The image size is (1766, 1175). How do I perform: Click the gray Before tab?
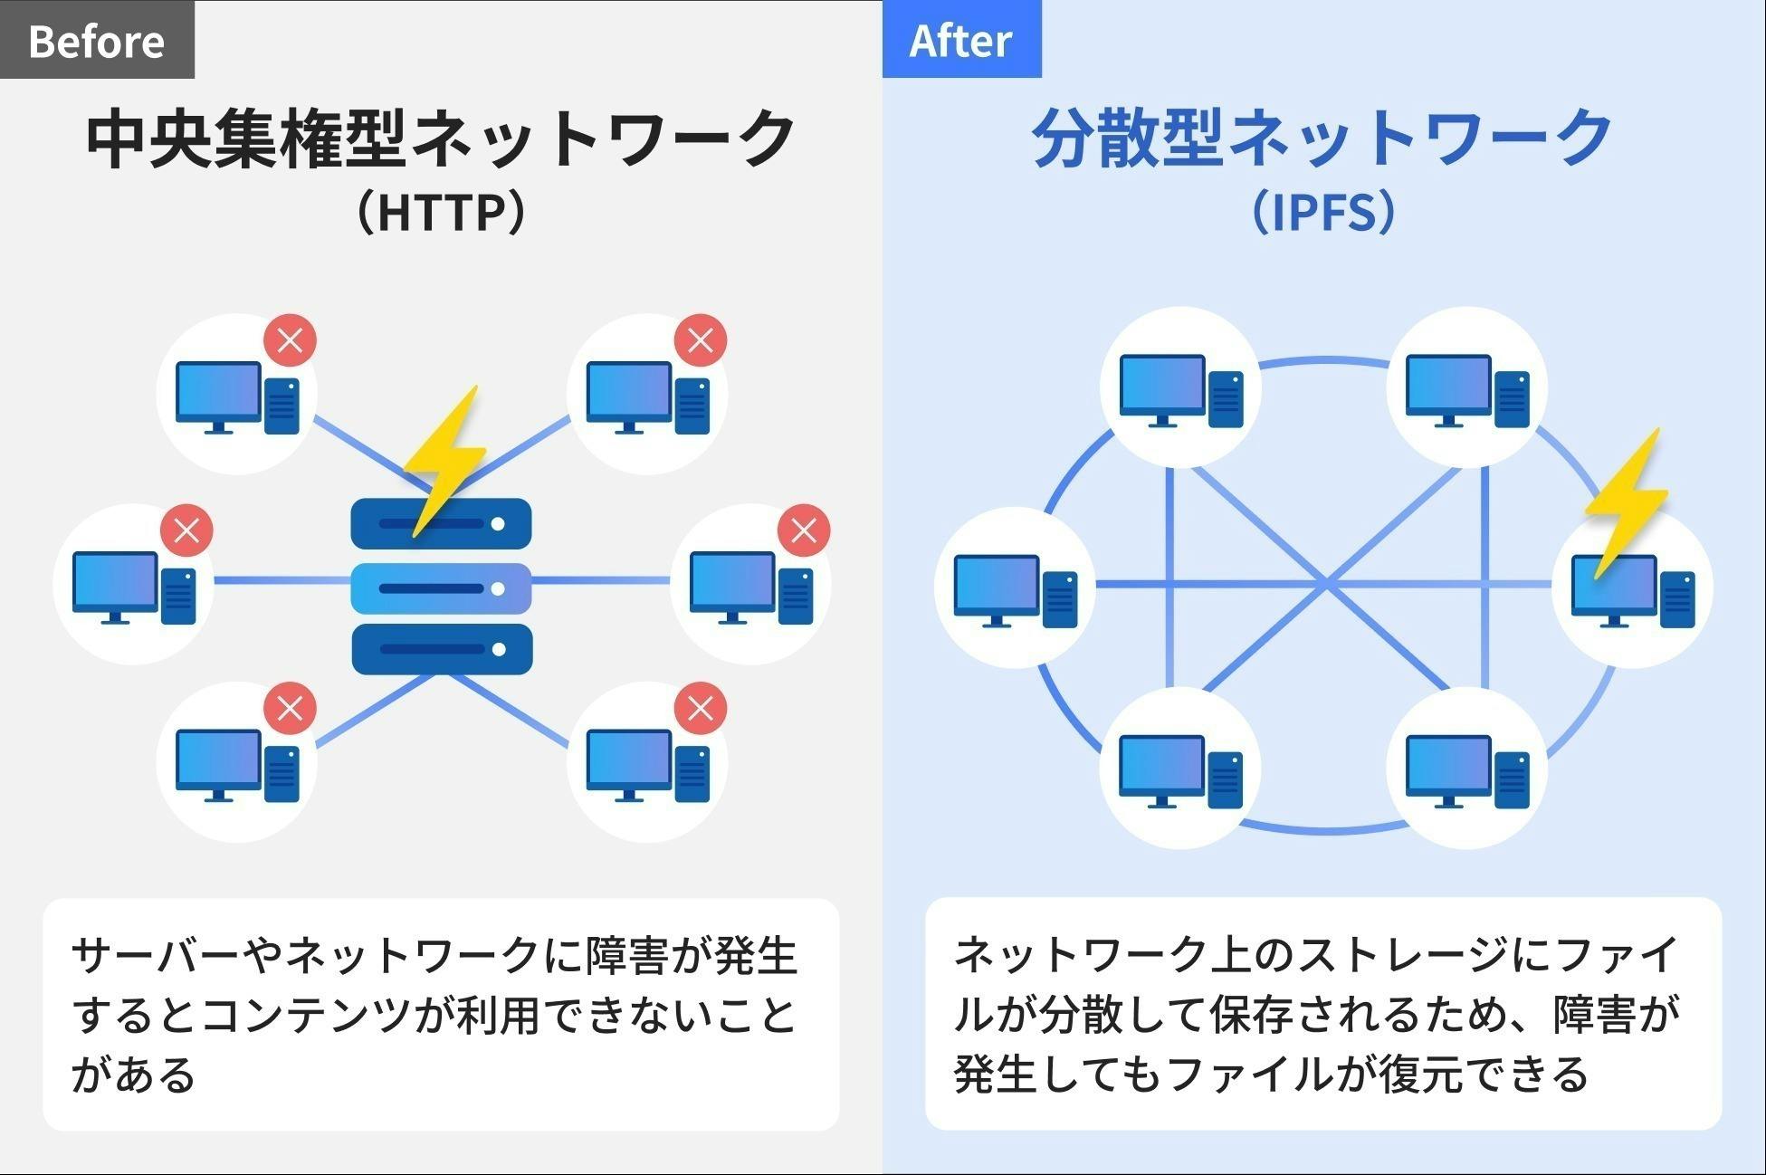pyautogui.click(x=96, y=40)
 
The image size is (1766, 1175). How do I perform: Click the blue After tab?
pyautogui.click(x=960, y=40)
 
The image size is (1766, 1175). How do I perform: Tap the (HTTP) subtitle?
pyautogui.click(x=441, y=211)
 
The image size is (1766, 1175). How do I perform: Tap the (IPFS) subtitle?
pyautogui.click(x=1323, y=211)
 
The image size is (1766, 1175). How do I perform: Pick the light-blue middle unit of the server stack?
pyautogui.click(x=441, y=587)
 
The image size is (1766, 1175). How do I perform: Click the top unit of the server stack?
pyautogui.click(x=441, y=523)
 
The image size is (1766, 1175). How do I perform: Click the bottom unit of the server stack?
pyautogui.click(x=441, y=649)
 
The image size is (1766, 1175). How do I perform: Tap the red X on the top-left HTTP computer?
pyautogui.click(x=290, y=340)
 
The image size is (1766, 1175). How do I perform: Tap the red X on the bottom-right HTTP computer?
pyautogui.click(x=700, y=708)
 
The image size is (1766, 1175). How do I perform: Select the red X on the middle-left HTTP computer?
pyautogui.click(x=186, y=530)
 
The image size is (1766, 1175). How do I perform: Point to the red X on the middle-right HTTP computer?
pyautogui.click(x=804, y=530)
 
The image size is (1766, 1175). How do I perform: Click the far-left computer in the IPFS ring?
pyautogui.click(x=1015, y=588)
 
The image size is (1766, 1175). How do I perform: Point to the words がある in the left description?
pyautogui.click(x=133, y=1075)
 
